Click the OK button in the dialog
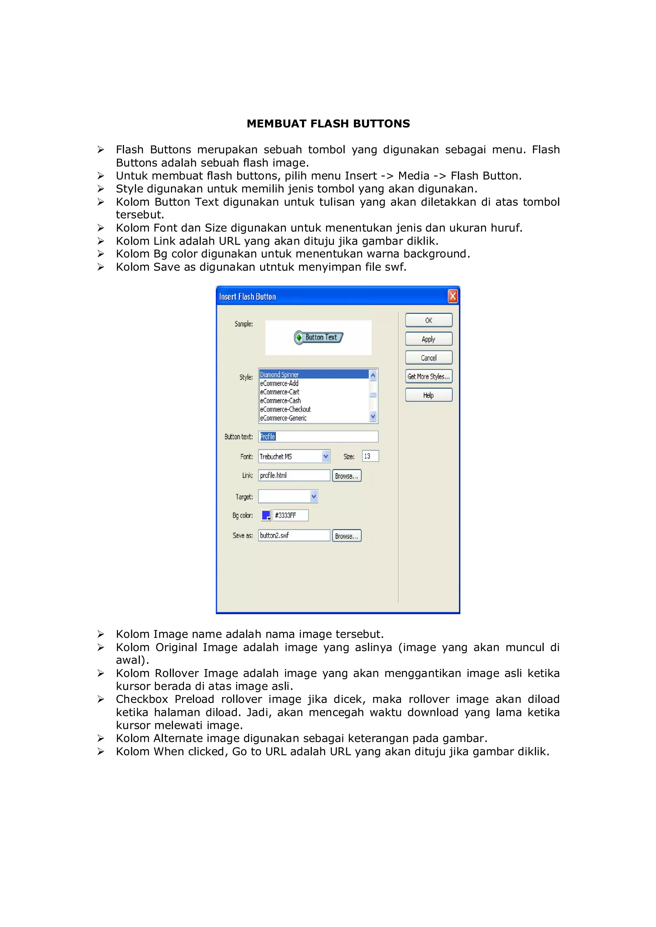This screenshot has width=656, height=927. click(x=429, y=320)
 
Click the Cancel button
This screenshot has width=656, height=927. click(x=429, y=358)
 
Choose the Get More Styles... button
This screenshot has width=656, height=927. click(x=429, y=376)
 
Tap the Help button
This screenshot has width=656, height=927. click(x=429, y=395)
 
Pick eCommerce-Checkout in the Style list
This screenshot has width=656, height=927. click(x=285, y=409)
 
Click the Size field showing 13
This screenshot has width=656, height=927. click(x=370, y=456)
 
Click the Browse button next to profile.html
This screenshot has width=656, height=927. click(x=347, y=476)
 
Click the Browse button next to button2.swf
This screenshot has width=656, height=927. click(x=347, y=536)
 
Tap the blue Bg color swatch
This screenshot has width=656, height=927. click(x=266, y=515)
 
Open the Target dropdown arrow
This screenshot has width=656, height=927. click(x=314, y=496)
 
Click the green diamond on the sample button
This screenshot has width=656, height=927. click(x=299, y=337)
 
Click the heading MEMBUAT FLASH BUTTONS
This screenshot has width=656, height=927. click(x=328, y=124)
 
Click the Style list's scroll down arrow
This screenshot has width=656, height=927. click(x=373, y=416)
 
